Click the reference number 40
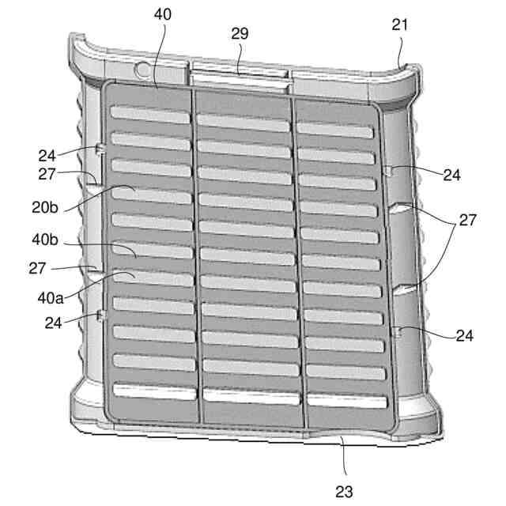click(x=163, y=15)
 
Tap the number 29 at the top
click(x=240, y=33)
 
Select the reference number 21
click(x=400, y=25)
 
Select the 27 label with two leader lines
click(x=467, y=220)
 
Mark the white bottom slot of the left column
click(x=153, y=390)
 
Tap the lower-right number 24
click(x=464, y=335)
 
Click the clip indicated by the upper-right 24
click(x=387, y=171)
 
